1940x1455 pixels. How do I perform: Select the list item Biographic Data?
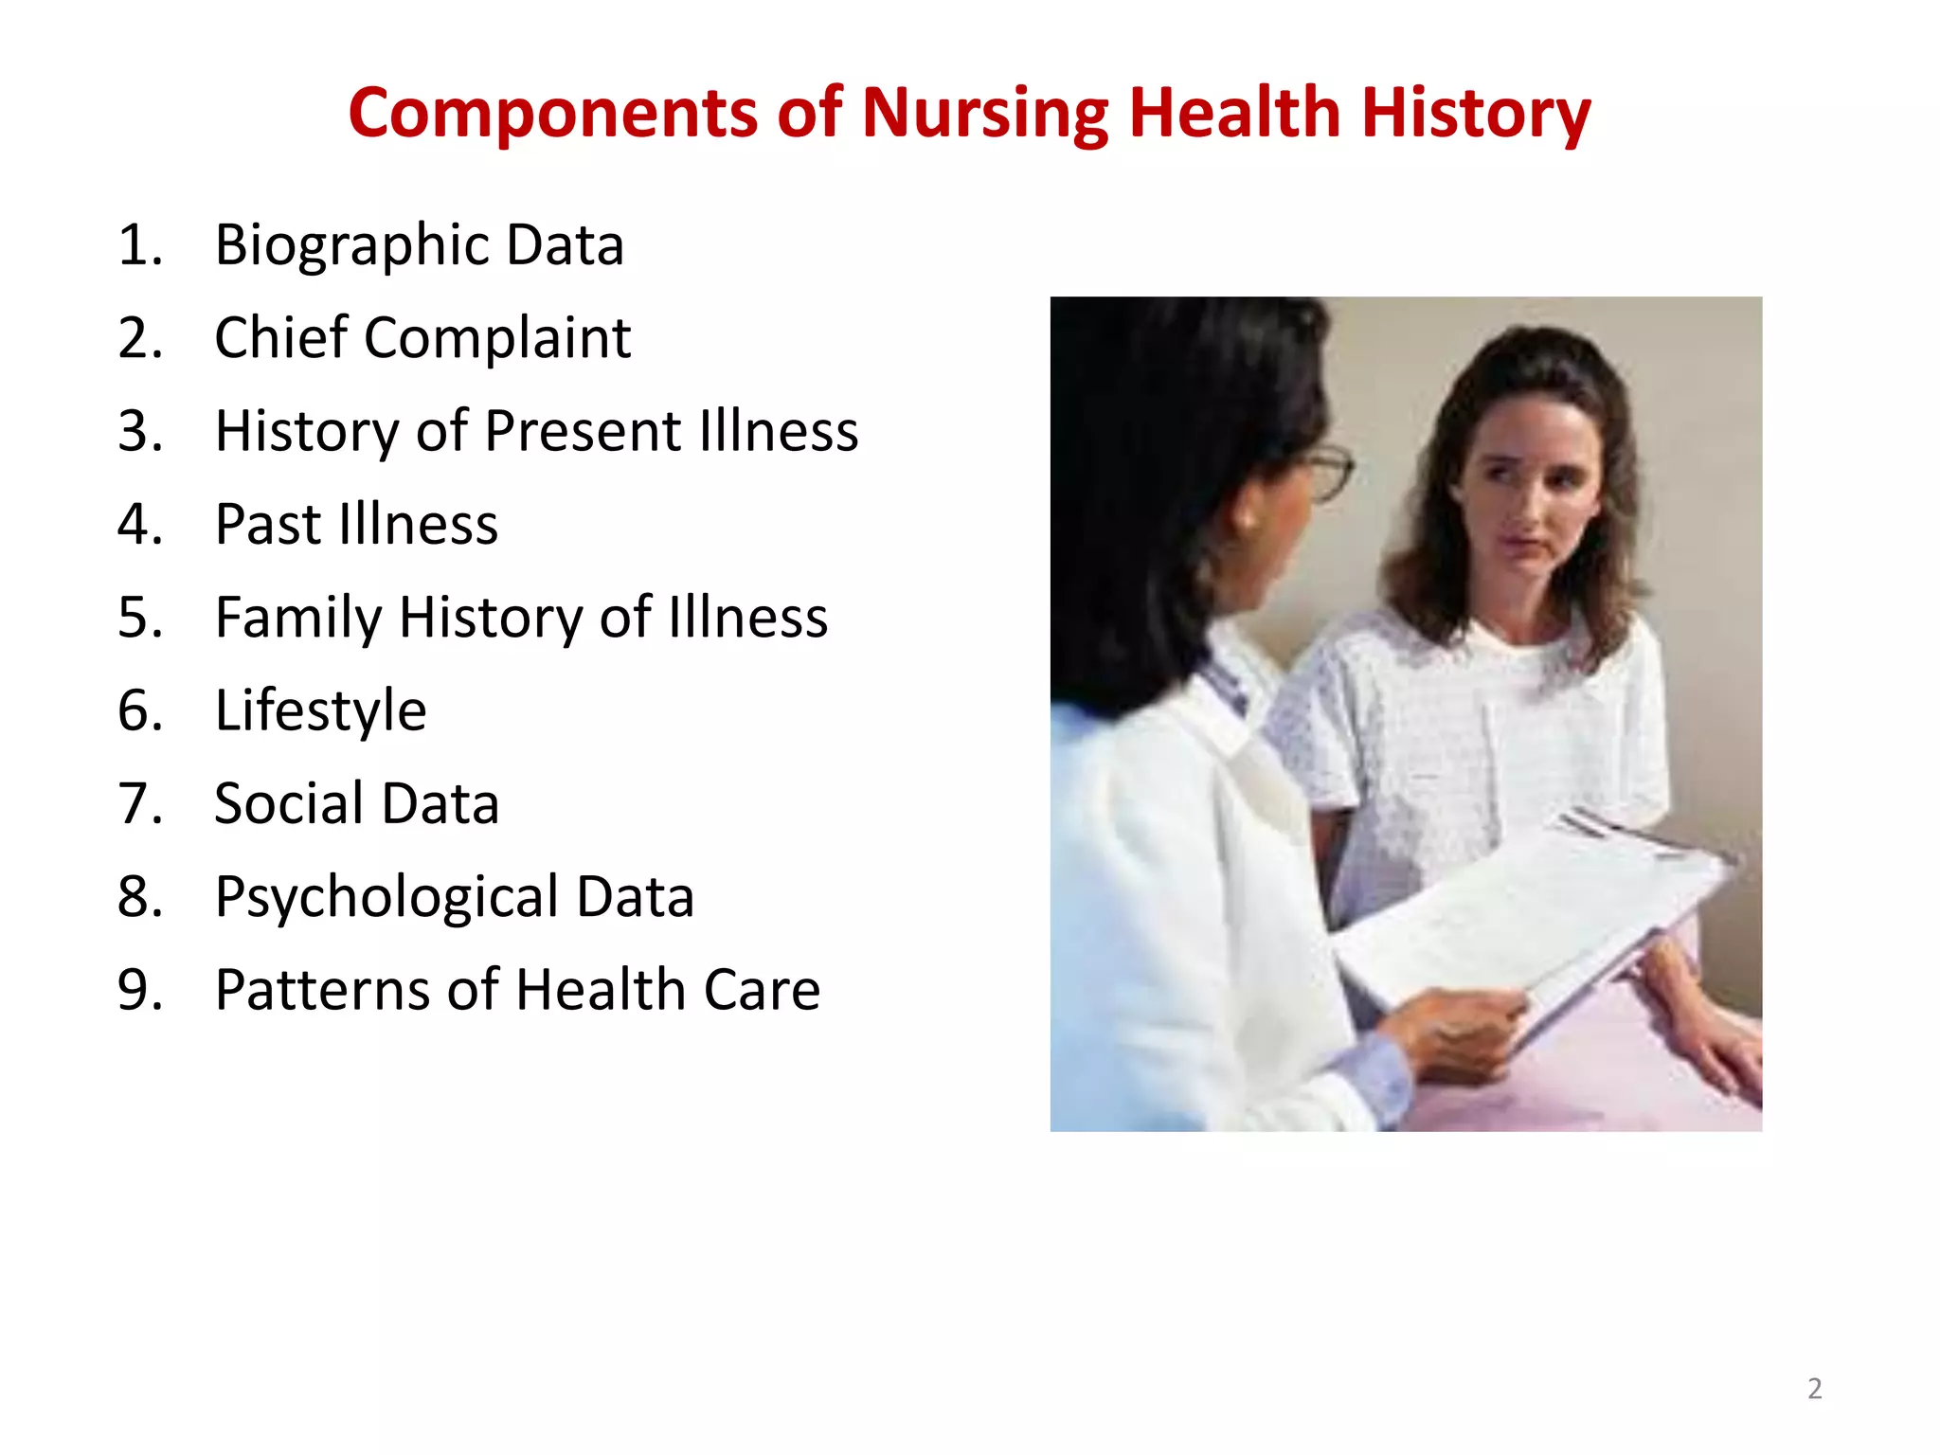419,244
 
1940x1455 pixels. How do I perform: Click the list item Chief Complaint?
422,337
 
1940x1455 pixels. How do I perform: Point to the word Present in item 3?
583,431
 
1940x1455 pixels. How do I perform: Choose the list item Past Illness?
356,524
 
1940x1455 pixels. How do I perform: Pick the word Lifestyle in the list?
320,710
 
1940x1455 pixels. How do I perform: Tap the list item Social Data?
356,803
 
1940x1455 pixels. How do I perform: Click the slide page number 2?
1814,1389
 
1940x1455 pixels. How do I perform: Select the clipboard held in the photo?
1535,909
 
